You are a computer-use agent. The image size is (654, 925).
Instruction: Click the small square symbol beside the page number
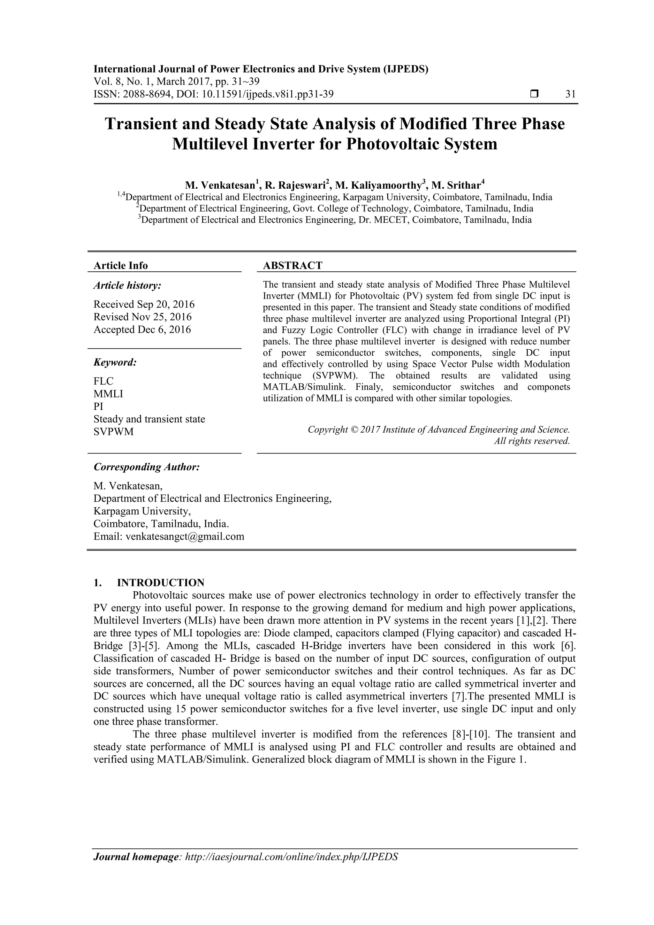tap(534, 94)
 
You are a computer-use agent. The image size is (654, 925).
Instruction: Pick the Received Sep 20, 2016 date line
tap(144, 304)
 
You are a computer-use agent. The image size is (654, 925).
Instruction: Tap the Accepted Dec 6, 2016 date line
tap(142, 330)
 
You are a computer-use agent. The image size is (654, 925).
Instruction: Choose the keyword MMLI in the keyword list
tap(108, 394)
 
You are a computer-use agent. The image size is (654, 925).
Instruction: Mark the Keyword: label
tap(115, 362)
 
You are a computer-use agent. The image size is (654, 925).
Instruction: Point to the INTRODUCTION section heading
tap(160, 583)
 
